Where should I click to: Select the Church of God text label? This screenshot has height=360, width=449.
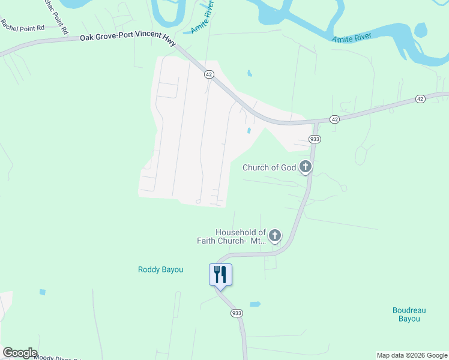coord(270,167)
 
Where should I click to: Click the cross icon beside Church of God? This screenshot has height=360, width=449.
coord(306,167)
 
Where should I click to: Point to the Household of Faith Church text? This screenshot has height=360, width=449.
coord(232,236)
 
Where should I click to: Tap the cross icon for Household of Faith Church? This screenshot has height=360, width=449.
coord(275,235)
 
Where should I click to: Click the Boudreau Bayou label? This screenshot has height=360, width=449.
coord(409,314)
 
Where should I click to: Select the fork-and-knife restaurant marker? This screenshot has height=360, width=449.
coord(220,275)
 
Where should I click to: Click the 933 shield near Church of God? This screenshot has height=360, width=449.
coord(315,139)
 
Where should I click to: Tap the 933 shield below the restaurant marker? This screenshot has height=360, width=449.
coord(236,313)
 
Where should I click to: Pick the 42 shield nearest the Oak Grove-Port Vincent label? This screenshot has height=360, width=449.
coord(208,74)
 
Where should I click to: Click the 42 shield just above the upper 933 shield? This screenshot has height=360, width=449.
coord(334,119)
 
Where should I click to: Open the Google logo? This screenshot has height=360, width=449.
coord(20,353)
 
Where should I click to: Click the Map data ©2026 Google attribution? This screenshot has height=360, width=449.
coord(412,355)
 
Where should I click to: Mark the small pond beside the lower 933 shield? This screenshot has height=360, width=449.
coord(255,304)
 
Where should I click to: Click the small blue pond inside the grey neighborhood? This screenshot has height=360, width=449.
coord(248,130)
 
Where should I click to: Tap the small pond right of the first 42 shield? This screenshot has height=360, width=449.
coord(249,74)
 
